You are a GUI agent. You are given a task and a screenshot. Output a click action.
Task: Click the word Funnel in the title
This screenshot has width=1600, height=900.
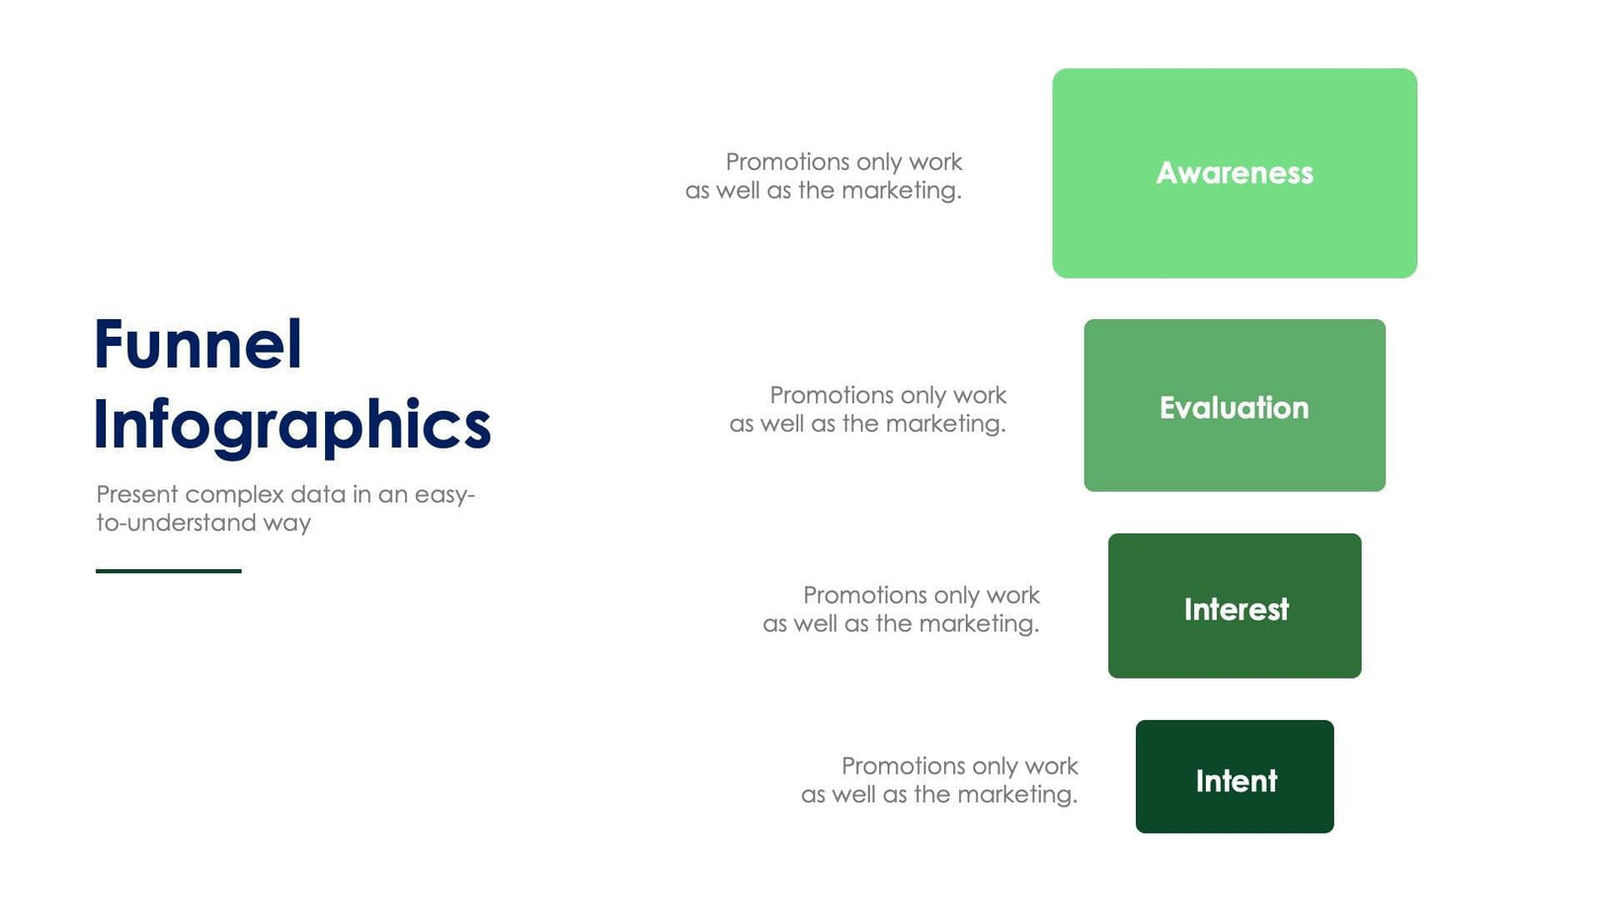pyautogui.click(x=198, y=344)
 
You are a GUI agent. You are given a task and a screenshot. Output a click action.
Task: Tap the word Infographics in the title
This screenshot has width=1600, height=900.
pyautogui.click(x=292, y=426)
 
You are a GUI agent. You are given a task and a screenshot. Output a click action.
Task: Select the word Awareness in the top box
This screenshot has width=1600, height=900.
pyautogui.click(x=1235, y=173)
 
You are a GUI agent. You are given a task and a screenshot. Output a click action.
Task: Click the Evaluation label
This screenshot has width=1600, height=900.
pyautogui.click(x=1235, y=408)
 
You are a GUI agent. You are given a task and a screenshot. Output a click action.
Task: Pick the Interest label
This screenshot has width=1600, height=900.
pyautogui.click(x=1237, y=610)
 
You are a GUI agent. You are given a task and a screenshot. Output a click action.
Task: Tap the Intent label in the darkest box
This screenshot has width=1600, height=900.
pyautogui.click(x=1237, y=780)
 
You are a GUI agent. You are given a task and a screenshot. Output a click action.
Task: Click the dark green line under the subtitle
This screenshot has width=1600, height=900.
pyautogui.click(x=169, y=571)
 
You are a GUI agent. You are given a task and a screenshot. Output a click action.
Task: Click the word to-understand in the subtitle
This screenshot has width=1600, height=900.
pyautogui.click(x=177, y=523)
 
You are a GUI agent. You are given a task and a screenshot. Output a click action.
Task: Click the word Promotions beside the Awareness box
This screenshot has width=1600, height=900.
pyautogui.click(x=787, y=162)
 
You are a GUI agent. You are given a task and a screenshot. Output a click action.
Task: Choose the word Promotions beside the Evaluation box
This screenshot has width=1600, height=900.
pyautogui.click(x=832, y=395)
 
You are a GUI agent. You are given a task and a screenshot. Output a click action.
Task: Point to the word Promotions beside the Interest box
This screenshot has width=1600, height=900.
pyautogui.click(x=865, y=595)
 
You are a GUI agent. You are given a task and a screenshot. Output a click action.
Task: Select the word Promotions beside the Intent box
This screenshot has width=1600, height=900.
pyautogui.click(x=904, y=767)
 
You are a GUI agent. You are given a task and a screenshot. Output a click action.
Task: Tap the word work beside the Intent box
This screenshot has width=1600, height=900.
pyautogui.click(x=1052, y=767)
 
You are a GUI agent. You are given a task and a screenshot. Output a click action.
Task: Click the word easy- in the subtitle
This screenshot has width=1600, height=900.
pyautogui.click(x=445, y=495)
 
